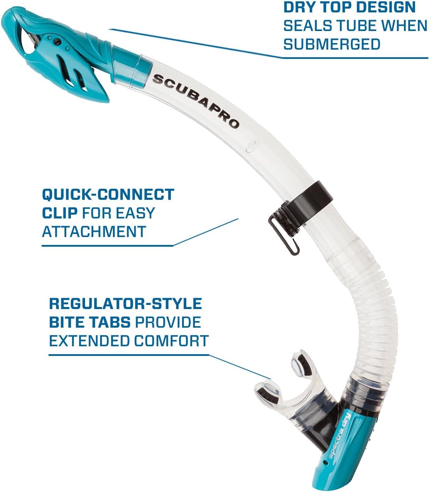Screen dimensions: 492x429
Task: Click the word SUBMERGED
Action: (332, 44)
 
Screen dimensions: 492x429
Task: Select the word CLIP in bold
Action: (60, 213)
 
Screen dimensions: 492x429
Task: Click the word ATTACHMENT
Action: (94, 231)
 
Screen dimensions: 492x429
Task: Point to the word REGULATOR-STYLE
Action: (125, 304)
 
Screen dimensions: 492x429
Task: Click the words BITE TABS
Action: (90, 322)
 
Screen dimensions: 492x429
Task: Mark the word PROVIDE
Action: (168, 322)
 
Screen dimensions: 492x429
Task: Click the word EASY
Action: (135, 213)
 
